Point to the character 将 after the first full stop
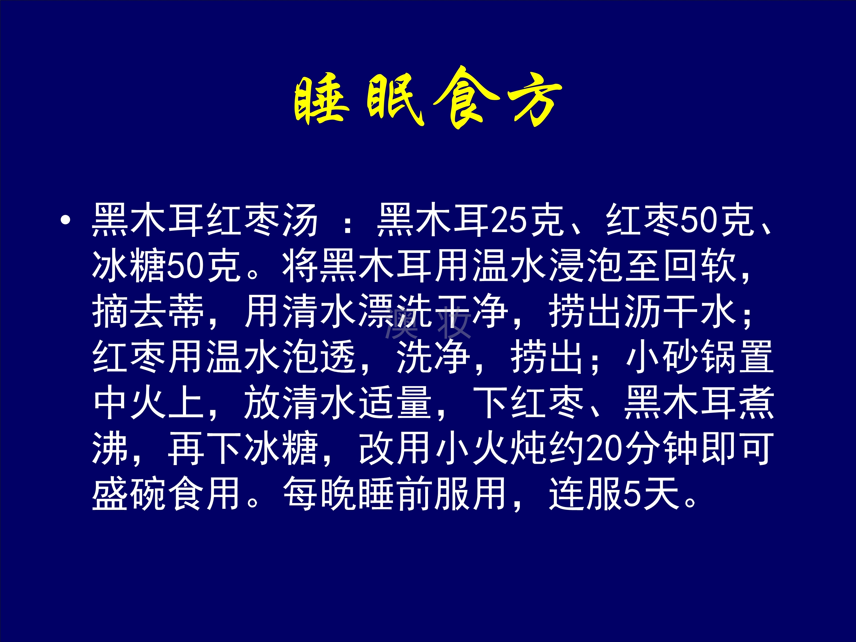click(x=301, y=266)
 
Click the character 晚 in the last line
click(x=339, y=494)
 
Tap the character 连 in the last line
click(x=567, y=494)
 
